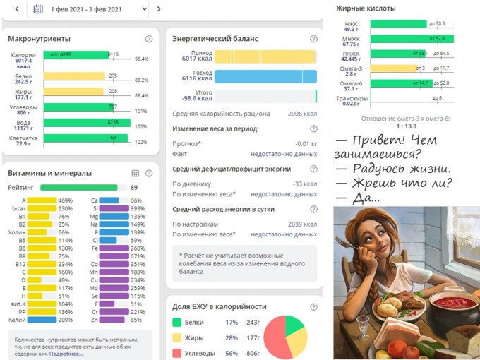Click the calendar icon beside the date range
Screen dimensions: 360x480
point(38,9)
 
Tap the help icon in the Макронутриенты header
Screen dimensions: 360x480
point(148,39)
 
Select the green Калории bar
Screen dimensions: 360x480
point(78,55)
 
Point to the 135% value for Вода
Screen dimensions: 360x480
point(141,126)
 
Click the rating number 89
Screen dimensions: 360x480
point(134,188)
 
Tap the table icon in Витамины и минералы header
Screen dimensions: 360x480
point(136,173)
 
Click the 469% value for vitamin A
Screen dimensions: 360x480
point(65,200)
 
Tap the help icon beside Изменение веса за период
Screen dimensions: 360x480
point(313,129)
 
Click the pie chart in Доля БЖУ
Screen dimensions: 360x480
point(285,335)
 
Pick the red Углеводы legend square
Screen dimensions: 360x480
point(176,353)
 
